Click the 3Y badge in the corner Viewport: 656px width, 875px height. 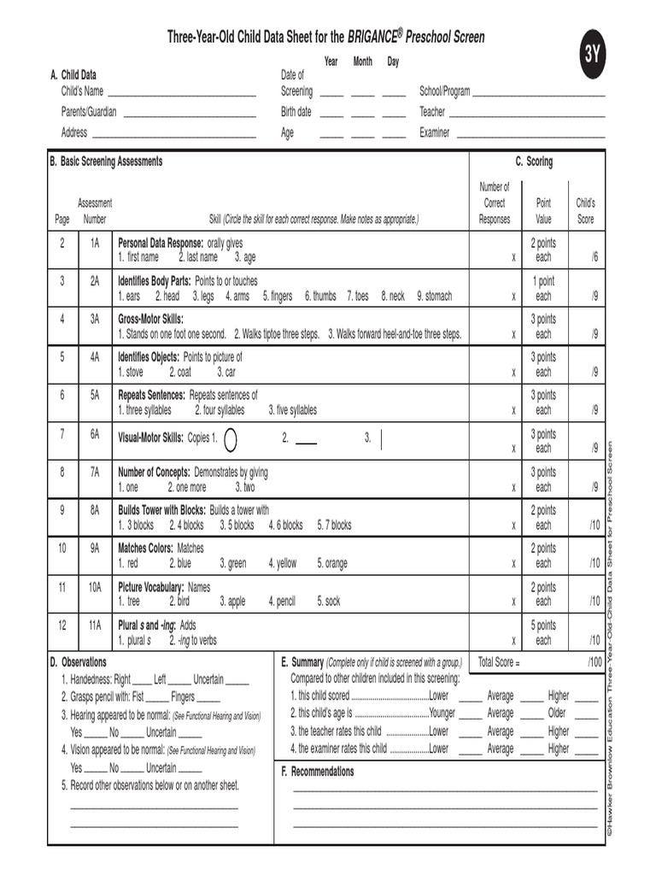click(593, 56)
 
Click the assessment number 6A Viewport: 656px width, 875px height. click(95, 434)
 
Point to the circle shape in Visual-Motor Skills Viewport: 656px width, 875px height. click(230, 439)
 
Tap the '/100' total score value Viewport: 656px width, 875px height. click(594, 662)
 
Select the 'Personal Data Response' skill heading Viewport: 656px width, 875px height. click(161, 243)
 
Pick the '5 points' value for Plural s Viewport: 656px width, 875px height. click(543, 625)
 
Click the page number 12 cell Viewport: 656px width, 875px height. click(62, 625)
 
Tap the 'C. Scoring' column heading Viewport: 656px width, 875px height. click(534, 161)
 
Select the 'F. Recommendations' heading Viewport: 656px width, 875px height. click(318, 772)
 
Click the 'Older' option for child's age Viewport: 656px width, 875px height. click(557, 713)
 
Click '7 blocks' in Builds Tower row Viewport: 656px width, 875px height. click(334, 525)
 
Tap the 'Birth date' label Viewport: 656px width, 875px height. click(296, 112)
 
